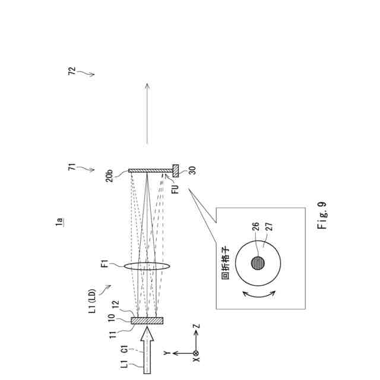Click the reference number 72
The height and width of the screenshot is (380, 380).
[x=72, y=71]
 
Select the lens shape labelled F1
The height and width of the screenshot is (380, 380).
[x=147, y=265]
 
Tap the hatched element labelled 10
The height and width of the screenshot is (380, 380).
[x=147, y=321]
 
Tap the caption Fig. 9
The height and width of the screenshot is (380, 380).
[x=323, y=218]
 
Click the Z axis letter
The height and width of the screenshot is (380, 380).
[x=197, y=326]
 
